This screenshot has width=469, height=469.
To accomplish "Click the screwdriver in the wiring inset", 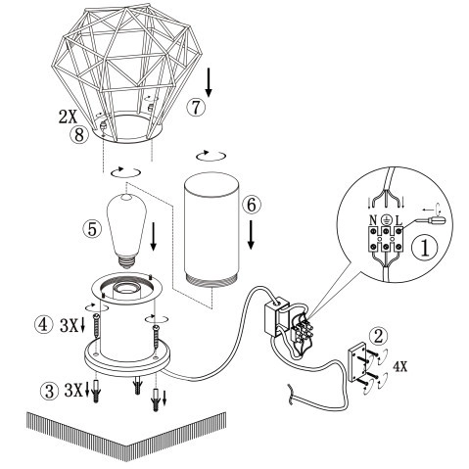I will tap(432, 221).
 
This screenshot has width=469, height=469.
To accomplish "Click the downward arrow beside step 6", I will tap(254, 233).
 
